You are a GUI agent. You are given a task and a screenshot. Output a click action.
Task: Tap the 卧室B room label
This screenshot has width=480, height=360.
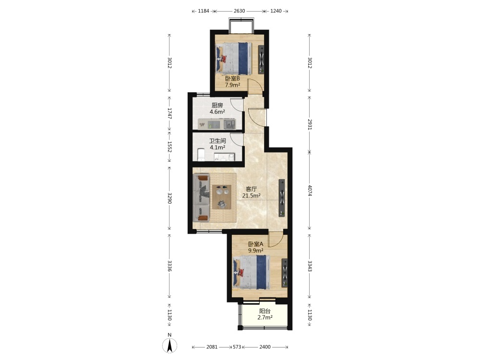tap(232, 79)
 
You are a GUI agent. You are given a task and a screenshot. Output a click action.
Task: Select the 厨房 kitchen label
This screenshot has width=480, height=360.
tap(217, 106)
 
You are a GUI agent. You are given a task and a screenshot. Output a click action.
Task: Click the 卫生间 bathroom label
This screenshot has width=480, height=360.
tap(217, 141)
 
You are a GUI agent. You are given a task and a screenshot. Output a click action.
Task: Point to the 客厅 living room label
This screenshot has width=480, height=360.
tap(252, 189)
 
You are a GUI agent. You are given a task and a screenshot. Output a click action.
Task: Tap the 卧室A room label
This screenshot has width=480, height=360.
tap(256, 244)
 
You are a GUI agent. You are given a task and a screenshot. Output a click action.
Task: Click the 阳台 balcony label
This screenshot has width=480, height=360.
tap(265, 311)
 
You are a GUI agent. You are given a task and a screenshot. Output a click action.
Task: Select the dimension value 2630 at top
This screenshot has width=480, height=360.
tap(240, 11)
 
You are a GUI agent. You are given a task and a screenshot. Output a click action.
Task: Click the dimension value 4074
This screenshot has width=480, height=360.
tap(310, 191)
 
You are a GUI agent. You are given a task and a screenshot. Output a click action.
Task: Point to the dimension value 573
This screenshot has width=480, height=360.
tap(237, 347)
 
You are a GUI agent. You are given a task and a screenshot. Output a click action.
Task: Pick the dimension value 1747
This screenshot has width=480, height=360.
tap(169, 113)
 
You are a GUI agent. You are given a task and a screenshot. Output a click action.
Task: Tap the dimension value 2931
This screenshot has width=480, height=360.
tap(310, 124)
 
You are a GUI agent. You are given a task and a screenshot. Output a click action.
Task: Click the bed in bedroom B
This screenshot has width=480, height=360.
tap(234, 58)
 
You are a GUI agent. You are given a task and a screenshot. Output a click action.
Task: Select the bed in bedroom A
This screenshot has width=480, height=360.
tap(252, 273)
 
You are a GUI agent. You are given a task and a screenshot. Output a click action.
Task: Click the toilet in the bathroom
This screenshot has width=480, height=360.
tap(201, 155)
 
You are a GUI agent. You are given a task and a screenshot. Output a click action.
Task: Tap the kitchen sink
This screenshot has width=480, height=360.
tap(229, 124)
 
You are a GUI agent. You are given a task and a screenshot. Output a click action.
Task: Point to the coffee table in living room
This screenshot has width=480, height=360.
tap(222, 197)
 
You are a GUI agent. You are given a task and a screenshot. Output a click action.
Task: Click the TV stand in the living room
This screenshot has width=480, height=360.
tap(282, 198)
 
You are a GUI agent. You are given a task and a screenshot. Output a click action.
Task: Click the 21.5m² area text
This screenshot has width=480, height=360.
tap(252, 196)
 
